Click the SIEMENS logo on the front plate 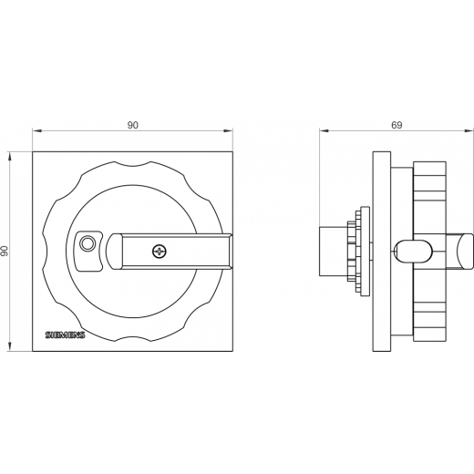pyautogui.click(x=65, y=335)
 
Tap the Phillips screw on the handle pyautogui.click(x=160, y=252)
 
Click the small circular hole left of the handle pyautogui.click(x=88, y=243)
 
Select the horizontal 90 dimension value pyautogui.click(x=132, y=125)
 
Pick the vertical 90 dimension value pyautogui.click(x=5, y=251)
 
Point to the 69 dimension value pyautogui.click(x=397, y=125)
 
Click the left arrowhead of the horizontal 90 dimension pyautogui.click(x=36, y=131)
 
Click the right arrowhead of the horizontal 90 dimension pyautogui.click(x=229, y=131)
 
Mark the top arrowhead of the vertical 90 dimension pyautogui.click(x=10, y=156)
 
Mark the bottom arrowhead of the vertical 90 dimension pyautogui.click(x=10, y=347)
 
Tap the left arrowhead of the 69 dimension pyautogui.click(x=324, y=131)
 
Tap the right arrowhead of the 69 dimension pyautogui.click(x=469, y=131)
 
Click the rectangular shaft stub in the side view pyautogui.click(x=334, y=252)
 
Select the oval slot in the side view pyautogui.click(x=413, y=251)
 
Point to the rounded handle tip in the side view pyautogui.click(x=464, y=252)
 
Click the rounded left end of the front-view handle pyautogui.click(x=114, y=252)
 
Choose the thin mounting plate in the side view pyautogui.click(x=382, y=252)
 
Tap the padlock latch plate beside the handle pyautogui.click(x=88, y=251)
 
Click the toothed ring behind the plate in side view pyautogui.click(x=355, y=252)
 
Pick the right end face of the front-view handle pyautogui.click(x=231, y=252)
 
